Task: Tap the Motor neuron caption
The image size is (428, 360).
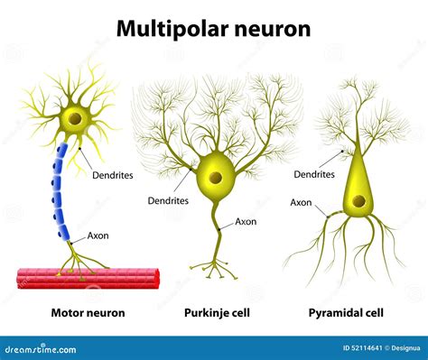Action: pyautogui.click(x=76, y=313)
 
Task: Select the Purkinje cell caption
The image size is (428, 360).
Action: pyautogui.click(x=218, y=313)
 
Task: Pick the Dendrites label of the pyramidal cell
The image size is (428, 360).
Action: pyautogui.click(x=315, y=174)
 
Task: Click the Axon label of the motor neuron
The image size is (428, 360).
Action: pyautogui.click(x=98, y=235)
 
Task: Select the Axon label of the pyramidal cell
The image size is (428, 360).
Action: pyautogui.click(x=301, y=203)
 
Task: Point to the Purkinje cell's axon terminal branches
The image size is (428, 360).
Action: pyautogui.click(x=215, y=267)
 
